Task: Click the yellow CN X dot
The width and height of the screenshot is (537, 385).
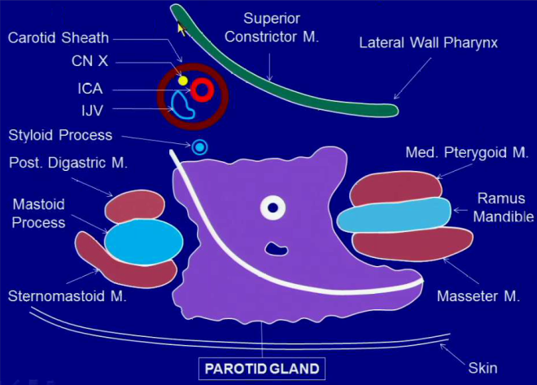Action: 183,81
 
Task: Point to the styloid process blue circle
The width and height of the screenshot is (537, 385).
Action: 199,147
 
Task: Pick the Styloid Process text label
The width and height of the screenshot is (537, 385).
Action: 61,135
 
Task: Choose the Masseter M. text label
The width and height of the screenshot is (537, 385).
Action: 478,296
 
